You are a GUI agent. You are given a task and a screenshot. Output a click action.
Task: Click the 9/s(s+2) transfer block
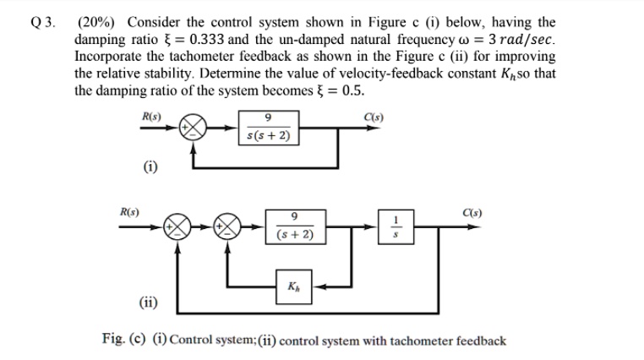coord(268,128)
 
